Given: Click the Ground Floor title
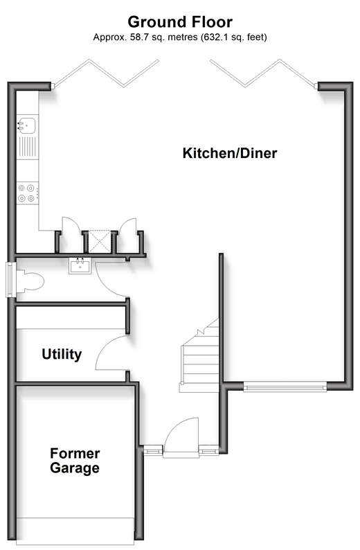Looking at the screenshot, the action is click(x=180, y=21).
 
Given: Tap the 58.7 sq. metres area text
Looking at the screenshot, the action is click(x=163, y=37).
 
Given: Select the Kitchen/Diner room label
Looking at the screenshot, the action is click(x=230, y=153).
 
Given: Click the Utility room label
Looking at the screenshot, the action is click(x=62, y=354).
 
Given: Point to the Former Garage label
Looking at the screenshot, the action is click(x=75, y=461).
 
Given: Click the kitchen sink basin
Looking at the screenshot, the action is click(x=26, y=126).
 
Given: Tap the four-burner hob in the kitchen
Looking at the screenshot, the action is click(x=27, y=193).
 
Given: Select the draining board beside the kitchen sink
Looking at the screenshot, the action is click(x=27, y=147).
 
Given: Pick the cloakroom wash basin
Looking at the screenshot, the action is click(x=80, y=265).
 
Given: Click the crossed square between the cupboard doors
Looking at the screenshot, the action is click(x=99, y=241).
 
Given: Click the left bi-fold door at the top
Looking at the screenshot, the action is click(x=106, y=73).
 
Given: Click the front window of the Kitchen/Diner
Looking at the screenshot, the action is click(x=285, y=387).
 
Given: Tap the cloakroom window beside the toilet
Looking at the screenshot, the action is click(x=10, y=280).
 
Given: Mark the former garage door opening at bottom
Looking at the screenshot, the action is click(x=75, y=531).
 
